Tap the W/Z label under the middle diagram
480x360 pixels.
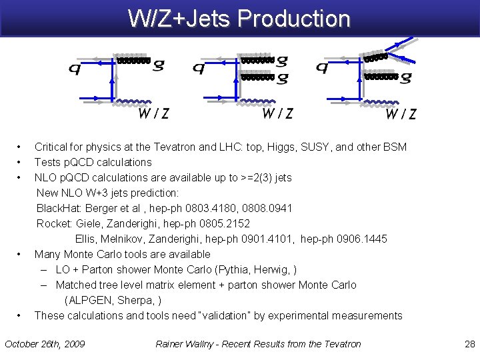(x=277, y=113)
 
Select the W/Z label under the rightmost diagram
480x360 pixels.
(x=401, y=114)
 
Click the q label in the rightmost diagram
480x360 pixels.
(x=322, y=67)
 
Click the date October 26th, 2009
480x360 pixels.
(x=45, y=344)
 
